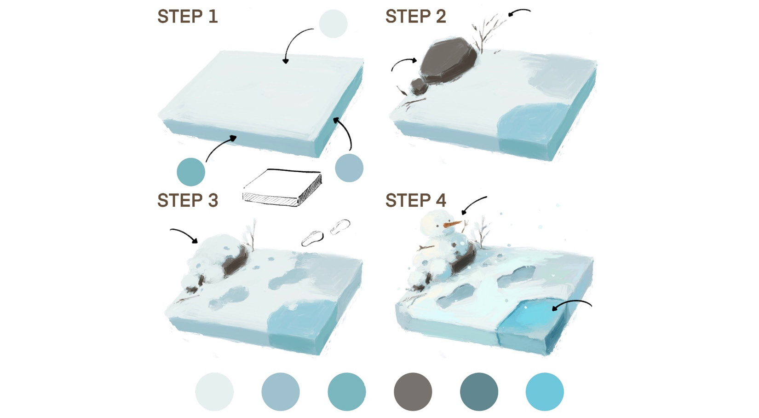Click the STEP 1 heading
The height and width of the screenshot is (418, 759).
point(187,17)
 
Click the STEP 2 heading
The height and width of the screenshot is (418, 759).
point(415,17)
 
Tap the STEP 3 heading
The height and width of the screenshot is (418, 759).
point(187,201)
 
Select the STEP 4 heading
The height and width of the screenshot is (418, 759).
point(415,201)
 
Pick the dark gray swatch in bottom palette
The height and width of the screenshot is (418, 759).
point(413,392)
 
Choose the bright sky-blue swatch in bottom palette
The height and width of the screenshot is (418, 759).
point(545,392)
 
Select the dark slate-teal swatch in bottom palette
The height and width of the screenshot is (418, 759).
point(479,392)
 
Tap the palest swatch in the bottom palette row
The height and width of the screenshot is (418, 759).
point(214,392)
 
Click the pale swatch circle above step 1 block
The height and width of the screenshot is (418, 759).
point(333,24)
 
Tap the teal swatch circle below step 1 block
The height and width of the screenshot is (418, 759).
point(191,172)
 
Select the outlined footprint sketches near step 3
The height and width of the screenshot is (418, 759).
point(326,232)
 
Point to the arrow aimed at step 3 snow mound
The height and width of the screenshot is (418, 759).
point(184,234)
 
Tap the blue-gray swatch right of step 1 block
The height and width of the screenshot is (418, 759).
point(349,168)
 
